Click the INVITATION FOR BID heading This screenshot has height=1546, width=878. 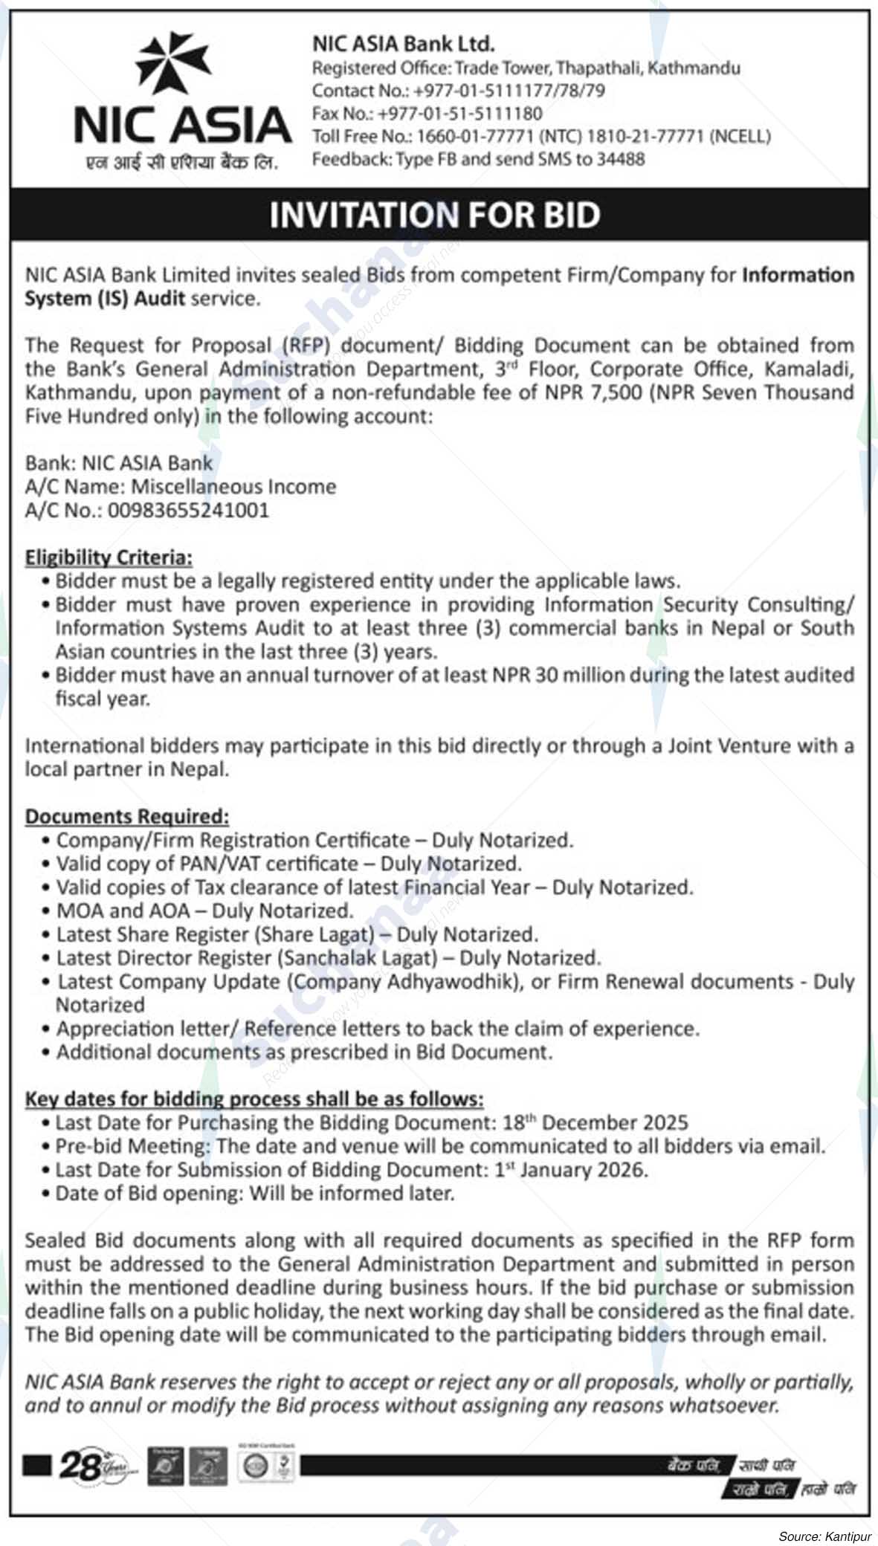point(434,215)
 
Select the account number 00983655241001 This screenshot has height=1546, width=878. point(188,511)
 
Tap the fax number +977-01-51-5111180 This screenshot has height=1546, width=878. point(459,114)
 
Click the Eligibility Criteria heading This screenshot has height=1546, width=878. point(109,557)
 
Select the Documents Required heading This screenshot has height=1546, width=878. point(127,817)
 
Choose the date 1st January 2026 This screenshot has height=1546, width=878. point(571,1170)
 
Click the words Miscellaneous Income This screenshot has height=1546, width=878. point(234,487)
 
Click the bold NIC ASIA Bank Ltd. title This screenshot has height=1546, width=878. point(403,45)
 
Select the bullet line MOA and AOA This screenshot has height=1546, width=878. point(204,911)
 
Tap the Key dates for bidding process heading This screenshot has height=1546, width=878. point(254,1099)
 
